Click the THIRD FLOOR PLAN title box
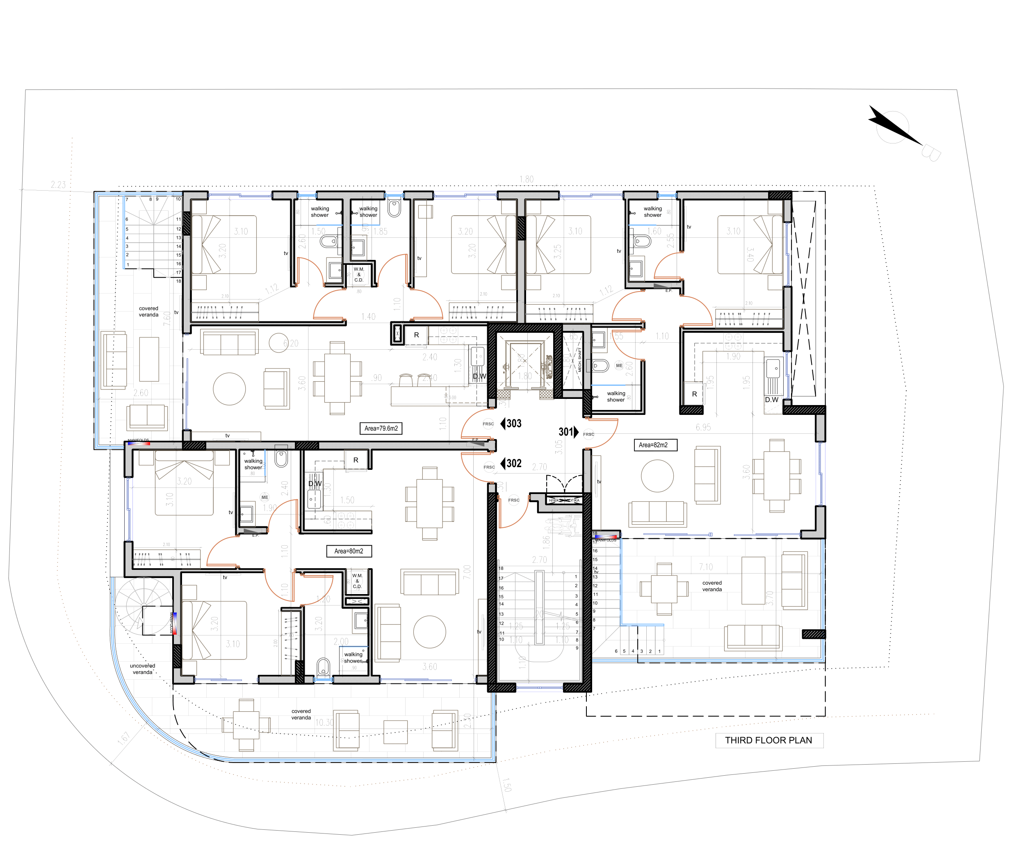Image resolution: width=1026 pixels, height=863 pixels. coord(768,740)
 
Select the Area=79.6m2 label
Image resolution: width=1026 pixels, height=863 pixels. coord(381,428)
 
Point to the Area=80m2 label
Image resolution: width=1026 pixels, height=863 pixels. coord(349,551)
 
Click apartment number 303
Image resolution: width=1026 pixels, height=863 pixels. coord(513,424)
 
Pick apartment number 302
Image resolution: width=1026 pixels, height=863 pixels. coord(513,464)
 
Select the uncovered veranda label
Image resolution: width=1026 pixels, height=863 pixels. coord(142,669)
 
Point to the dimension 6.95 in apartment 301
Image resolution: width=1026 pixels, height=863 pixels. coord(703,428)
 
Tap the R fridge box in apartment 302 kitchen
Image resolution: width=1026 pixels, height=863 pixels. coord(356,460)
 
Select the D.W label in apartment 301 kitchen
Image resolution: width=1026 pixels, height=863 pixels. coord(772,400)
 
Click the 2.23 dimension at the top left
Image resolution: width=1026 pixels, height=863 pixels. coord(58,184)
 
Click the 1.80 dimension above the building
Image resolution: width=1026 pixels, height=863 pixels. coord(527,180)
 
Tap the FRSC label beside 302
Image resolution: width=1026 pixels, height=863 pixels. coord(489,467)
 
